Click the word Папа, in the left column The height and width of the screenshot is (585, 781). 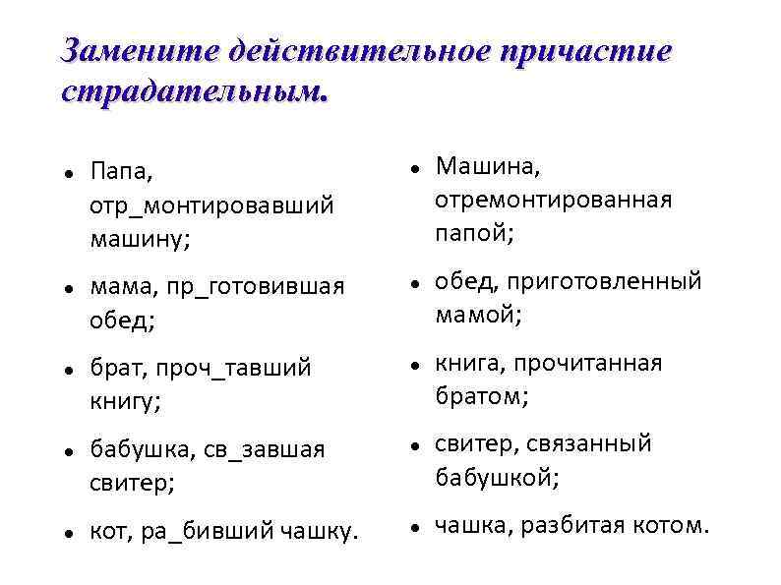point(121,172)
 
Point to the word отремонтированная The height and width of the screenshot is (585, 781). point(554,200)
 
